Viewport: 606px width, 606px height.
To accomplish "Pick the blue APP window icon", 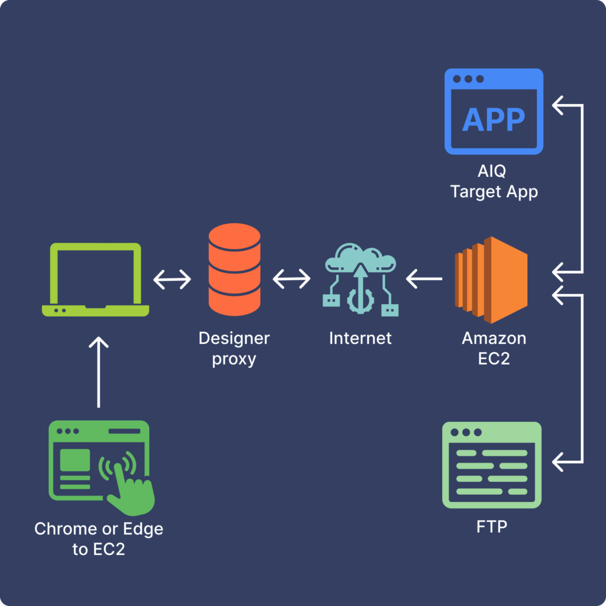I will coord(493,111).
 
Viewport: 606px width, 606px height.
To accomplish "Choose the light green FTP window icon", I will coord(492,465).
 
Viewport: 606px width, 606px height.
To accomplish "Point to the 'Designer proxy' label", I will coord(234,349).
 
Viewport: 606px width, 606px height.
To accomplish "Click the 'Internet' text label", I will coord(360,339).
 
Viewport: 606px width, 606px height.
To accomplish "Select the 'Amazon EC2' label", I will coord(494,349).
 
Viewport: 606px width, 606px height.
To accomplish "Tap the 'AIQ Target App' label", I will coord(494,182).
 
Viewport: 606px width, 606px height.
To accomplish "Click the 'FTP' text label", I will coord(492,526).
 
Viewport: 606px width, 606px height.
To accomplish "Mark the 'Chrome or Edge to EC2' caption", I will coord(98,538).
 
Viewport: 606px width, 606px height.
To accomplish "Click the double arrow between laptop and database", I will coord(172,279).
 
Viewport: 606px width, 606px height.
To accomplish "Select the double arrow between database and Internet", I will coord(291,279).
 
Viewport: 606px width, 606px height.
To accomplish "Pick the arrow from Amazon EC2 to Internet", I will coord(424,277).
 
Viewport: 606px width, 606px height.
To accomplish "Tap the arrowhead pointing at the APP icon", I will coord(559,106).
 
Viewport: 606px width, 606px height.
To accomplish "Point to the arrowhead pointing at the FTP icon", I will coord(559,460).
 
